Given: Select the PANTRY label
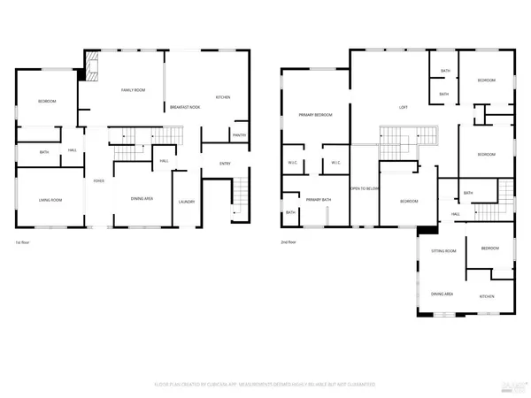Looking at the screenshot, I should click(x=238, y=134).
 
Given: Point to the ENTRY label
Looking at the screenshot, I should click(x=225, y=163).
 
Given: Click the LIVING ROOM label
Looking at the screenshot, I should click(x=50, y=200).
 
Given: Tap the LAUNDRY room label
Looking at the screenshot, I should click(x=186, y=201).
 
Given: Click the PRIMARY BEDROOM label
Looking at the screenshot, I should click(x=315, y=115).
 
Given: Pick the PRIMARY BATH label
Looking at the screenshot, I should click(x=318, y=200).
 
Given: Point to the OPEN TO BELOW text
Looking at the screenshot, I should click(x=364, y=188).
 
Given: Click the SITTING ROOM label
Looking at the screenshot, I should click(x=442, y=251).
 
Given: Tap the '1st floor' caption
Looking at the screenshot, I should click(x=24, y=241).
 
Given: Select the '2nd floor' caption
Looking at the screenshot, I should click(x=289, y=241).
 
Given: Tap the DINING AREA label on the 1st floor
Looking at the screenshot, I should click(x=142, y=198).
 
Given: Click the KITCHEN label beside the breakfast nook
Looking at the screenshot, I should click(x=223, y=96).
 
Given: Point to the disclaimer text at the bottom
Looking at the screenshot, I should click(x=265, y=385).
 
